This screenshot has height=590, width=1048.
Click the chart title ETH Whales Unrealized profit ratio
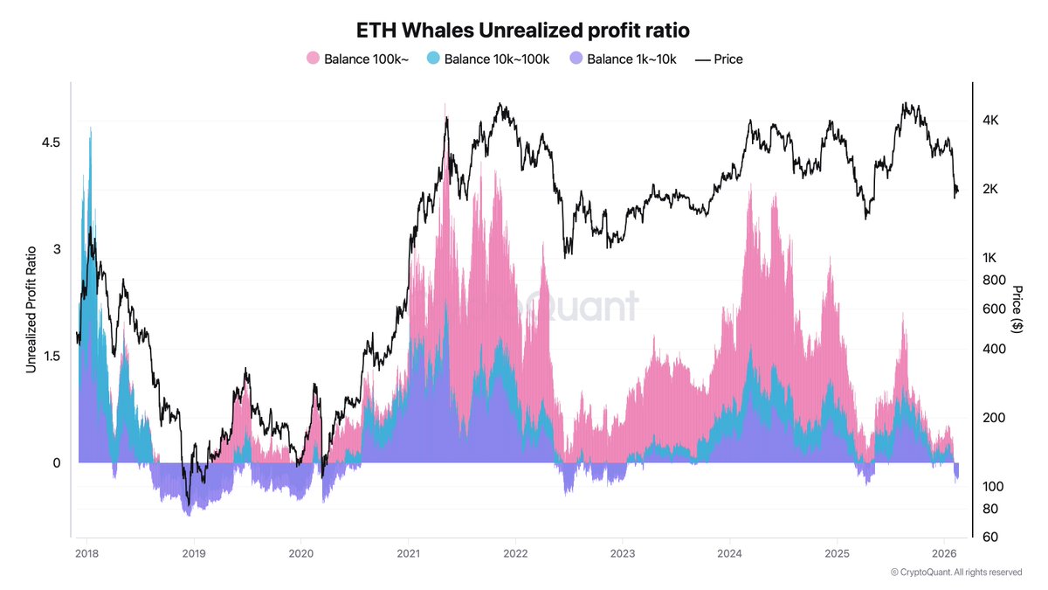pyautogui.click(x=523, y=30)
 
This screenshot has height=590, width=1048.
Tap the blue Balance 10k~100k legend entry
pyautogui.click(x=486, y=59)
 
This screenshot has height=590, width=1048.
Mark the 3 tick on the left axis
pyautogui.click(x=56, y=249)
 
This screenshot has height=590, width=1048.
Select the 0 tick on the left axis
pyautogui.click(x=56, y=462)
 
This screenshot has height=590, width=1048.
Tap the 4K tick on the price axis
pyautogui.click(x=990, y=120)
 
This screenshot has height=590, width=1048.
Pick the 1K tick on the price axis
pyautogui.click(x=990, y=258)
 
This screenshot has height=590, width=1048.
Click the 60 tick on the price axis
pyautogui.click(x=989, y=537)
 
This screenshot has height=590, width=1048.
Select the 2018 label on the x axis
pyautogui.click(x=86, y=553)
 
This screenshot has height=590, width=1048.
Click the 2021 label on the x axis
pyautogui.click(x=408, y=553)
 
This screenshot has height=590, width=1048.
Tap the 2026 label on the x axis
pyautogui.click(x=944, y=553)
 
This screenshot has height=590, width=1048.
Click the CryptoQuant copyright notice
pyautogui.click(x=956, y=573)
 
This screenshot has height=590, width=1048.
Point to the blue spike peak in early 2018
pyautogui.click(x=90, y=128)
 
